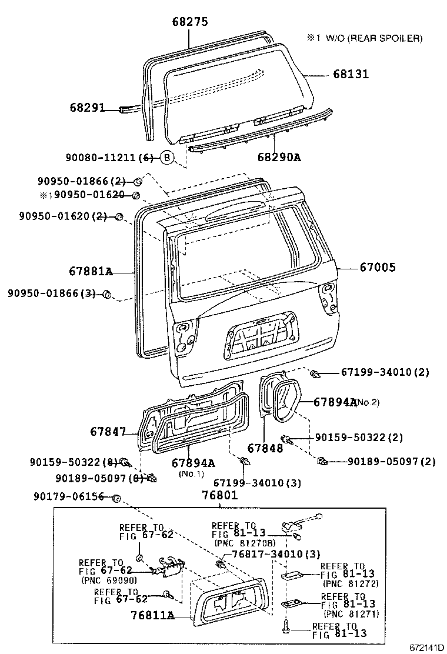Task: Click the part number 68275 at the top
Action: click(x=190, y=22)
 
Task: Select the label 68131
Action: click(x=351, y=74)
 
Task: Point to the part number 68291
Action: click(x=86, y=108)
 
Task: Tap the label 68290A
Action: click(x=278, y=157)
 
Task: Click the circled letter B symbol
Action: click(x=167, y=157)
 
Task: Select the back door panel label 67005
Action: click(x=378, y=267)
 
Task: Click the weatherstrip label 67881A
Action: click(x=90, y=271)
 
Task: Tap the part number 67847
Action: click(x=108, y=431)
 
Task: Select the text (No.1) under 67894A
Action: click(x=193, y=474)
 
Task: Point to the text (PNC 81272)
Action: click(x=351, y=583)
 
